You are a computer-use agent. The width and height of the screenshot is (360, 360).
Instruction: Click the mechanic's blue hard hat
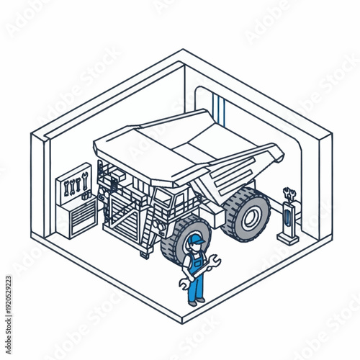[x=194, y=240]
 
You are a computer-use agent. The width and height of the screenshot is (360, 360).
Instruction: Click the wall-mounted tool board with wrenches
[x=74, y=184]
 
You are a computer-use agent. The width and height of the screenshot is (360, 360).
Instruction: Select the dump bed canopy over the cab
[x=137, y=151]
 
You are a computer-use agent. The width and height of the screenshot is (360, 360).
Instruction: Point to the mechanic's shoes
[x=196, y=302]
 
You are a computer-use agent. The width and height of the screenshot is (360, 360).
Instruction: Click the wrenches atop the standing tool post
[x=289, y=193]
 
